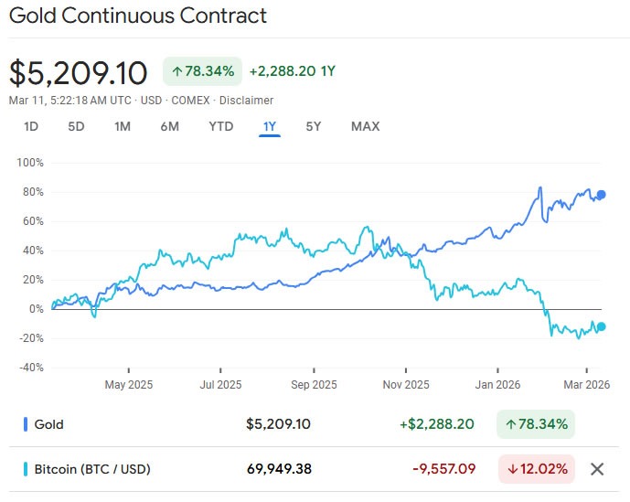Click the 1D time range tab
tap(31, 126)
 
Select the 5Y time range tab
tap(313, 126)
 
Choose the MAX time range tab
tap(365, 126)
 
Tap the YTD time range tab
tap(220, 126)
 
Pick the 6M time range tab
tap(169, 126)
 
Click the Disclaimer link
tap(246, 101)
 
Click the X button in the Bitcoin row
tap(597, 469)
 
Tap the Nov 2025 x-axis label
tap(405, 385)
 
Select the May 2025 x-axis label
tap(128, 385)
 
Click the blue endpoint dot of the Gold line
tap(601, 195)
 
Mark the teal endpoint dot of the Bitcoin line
tap(601, 326)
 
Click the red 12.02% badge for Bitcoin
tap(537, 469)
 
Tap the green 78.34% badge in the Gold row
tap(537, 424)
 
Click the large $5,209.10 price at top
tap(78, 71)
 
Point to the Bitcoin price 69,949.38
tap(279, 469)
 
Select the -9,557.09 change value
tap(443, 469)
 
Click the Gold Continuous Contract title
tap(138, 16)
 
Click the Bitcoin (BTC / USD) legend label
tap(91, 469)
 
